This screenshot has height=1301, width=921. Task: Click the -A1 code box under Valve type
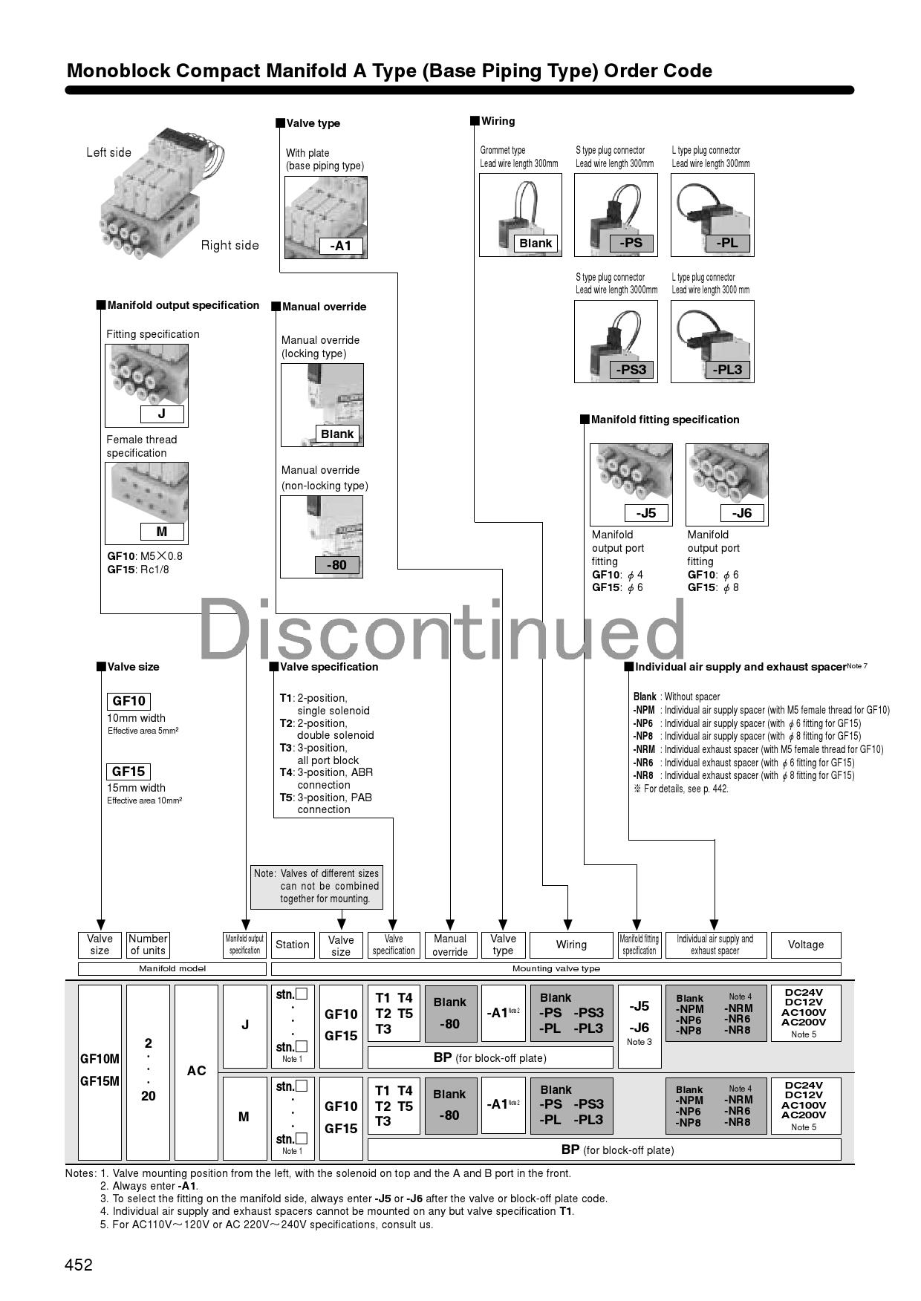point(340,246)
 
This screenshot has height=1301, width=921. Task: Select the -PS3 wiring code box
point(631,370)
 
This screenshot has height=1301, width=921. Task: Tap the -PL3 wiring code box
point(727,370)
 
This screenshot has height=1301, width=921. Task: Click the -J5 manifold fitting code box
point(646,513)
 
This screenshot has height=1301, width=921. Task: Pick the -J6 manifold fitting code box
point(742,513)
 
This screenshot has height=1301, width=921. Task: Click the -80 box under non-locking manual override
point(336,565)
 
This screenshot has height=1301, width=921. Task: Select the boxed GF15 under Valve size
point(128,772)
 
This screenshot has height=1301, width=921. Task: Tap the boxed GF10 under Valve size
point(128,701)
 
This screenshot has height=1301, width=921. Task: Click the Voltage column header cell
point(806,945)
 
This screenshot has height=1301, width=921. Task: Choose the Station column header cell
point(292,945)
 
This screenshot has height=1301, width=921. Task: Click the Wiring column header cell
point(571,945)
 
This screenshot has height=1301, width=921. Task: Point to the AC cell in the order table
point(196,1071)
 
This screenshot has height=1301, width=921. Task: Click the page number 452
point(79,1265)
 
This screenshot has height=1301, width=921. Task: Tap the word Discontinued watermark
point(442,631)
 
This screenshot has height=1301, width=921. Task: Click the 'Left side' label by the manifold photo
point(108,152)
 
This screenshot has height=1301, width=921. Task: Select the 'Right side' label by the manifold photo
point(230,245)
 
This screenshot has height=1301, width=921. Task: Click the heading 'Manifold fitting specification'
point(665,420)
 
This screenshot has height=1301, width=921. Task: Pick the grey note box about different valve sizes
point(316,887)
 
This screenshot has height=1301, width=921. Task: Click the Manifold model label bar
point(172,968)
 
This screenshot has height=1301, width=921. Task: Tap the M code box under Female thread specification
point(161,532)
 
